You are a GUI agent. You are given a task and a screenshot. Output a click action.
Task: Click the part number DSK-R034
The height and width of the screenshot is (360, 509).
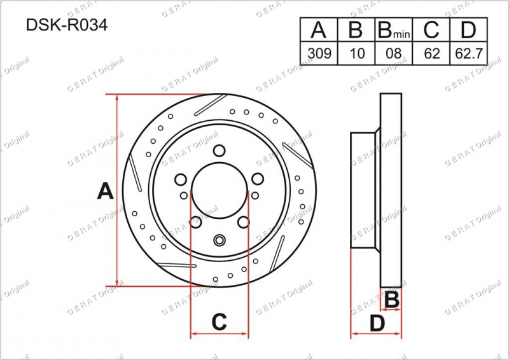(x=67, y=25)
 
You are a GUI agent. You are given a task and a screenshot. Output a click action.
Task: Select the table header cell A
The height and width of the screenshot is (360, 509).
(x=319, y=29)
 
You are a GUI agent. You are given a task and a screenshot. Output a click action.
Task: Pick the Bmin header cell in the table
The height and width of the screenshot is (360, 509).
(x=394, y=29)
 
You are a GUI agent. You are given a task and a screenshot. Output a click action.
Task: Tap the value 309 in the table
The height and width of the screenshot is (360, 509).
(x=319, y=53)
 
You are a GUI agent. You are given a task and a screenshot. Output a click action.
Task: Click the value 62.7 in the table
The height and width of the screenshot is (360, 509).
(x=469, y=53)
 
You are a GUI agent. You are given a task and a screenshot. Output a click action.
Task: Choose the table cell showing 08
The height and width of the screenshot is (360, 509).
(x=394, y=53)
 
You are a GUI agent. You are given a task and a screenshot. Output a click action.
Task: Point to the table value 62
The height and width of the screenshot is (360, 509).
(x=431, y=53)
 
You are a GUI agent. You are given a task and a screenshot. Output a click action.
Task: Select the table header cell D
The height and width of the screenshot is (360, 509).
(x=468, y=29)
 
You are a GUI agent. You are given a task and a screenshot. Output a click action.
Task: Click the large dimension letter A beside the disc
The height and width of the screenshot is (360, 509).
(x=105, y=191)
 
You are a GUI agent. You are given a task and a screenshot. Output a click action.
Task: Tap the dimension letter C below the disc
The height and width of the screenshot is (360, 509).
(x=219, y=322)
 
